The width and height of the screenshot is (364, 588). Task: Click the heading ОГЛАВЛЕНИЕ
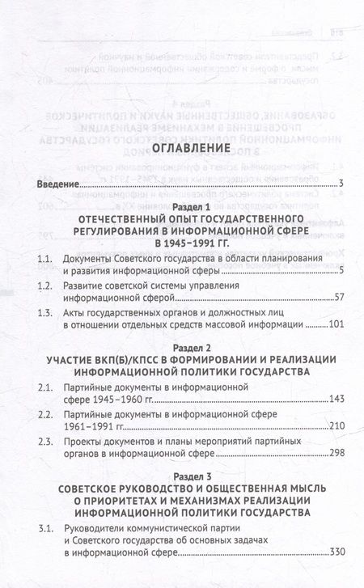pyautogui.click(x=183, y=171)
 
